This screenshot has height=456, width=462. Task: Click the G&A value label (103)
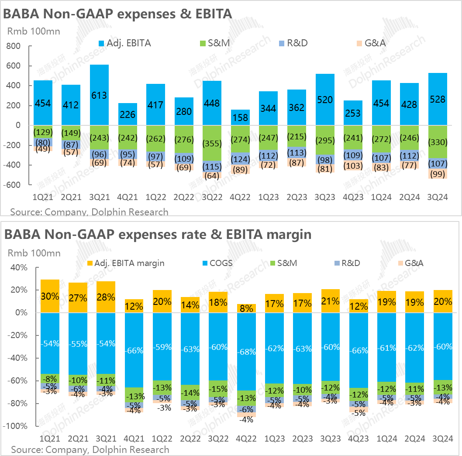tap(352, 166)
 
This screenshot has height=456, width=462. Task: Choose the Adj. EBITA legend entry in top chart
tap(125, 43)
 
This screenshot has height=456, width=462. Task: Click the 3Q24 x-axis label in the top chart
tap(437, 197)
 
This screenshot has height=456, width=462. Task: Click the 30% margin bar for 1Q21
tap(50, 296)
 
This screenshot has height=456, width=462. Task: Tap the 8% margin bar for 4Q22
tap(246, 308)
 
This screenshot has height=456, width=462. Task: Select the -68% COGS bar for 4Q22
tap(246, 352)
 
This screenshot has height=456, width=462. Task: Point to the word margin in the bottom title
tap(288, 235)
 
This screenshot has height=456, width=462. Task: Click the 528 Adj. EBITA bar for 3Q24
tap(437, 99)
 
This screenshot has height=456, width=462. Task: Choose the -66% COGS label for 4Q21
tap(133, 350)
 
